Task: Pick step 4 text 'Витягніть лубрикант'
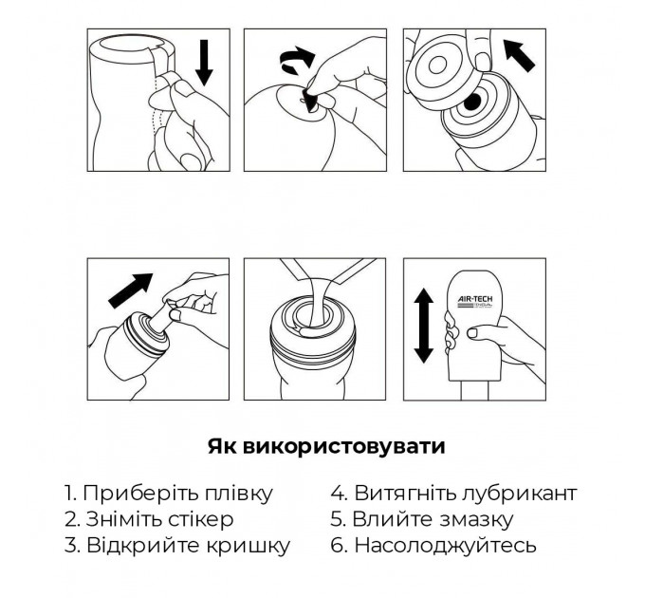pos(453,494)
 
